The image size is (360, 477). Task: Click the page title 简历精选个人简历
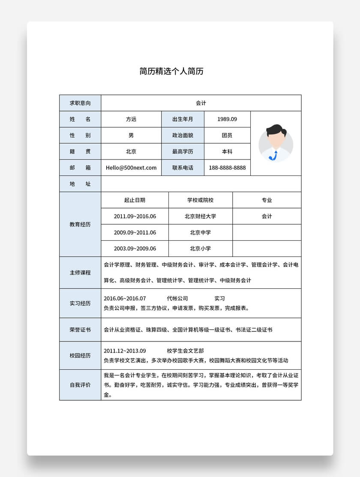(171, 71)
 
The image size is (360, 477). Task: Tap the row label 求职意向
(80, 103)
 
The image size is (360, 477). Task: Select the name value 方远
(131, 119)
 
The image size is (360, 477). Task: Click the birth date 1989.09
(227, 119)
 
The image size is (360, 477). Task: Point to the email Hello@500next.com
(131, 168)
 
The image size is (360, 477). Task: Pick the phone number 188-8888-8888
(227, 168)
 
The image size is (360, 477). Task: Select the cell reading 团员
(227, 136)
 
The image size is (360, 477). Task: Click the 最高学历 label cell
(183, 151)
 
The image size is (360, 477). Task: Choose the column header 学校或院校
(200, 200)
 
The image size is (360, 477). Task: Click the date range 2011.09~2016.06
(135, 216)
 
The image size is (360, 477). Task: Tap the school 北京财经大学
(200, 216)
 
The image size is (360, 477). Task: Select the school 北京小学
(200, 248)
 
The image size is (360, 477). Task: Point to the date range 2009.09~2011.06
(135, 232)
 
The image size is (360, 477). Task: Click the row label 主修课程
(80, 272)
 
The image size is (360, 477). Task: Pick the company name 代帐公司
(177, 299)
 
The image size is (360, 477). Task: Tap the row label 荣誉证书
(80, 330)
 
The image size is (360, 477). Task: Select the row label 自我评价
(80, 385)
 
